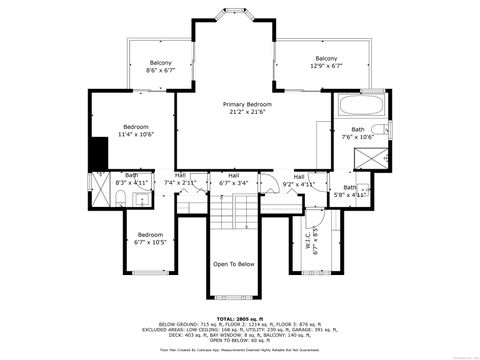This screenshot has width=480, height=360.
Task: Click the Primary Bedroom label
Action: pos(247,107)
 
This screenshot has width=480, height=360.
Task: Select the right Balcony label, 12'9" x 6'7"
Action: pos(326,62)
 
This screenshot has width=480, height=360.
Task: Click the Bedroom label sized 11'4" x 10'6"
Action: pos(136,130)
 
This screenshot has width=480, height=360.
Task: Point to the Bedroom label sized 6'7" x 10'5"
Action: pos(150,238)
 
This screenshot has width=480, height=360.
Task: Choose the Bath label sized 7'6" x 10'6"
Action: pos(357,132)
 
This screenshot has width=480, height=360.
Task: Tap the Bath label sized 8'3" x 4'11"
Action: pos(132,180)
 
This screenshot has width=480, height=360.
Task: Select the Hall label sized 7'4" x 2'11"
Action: pos(180,180)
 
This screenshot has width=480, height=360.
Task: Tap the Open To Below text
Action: pos(234,264)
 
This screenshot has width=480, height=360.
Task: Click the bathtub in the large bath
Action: pos(355,103)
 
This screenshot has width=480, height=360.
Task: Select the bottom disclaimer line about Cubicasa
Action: pos(240,350)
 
